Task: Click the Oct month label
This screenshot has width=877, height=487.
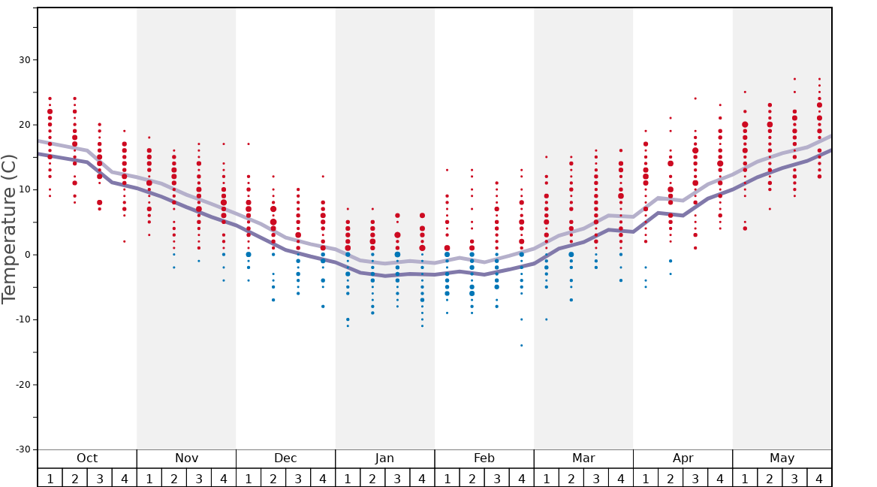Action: tap(87, 458)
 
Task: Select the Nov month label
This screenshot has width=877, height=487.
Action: tap(186, 458)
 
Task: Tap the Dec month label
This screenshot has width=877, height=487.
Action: tap(285, 458)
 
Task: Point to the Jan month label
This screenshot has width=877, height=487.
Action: tap(384, 458)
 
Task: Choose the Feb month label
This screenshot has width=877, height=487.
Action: tap(484, 458)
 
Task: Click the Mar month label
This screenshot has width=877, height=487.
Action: tap(583, 458)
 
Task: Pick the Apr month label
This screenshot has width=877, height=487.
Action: tap(683, 458)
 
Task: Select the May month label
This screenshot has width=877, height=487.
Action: tap(782, 458)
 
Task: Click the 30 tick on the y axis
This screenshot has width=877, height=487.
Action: tap(23, 60)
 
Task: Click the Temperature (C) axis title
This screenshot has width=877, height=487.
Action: tap(9, 228)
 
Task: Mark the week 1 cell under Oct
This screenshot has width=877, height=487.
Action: tap(50, 478)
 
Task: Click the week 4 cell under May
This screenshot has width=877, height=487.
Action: tap(819, 478)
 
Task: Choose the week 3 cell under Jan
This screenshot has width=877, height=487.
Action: tap(397, 478)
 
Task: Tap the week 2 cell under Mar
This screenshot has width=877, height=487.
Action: tap(571, 478)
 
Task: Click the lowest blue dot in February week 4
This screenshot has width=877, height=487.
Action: tap(521, 345)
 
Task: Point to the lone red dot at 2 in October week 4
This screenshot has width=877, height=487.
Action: tap(124, 241)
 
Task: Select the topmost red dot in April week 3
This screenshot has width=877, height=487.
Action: tap(695, 98)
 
